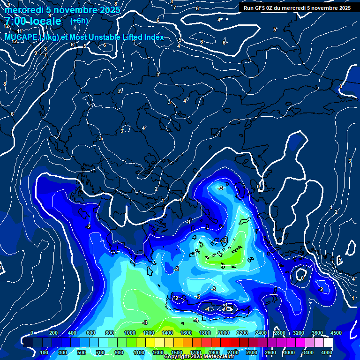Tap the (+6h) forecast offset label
pyautogui.click(x=79, y=21)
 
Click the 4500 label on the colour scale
pyautogui.click(x=335, y=333)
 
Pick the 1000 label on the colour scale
pyautogui.click(x=130, y=333)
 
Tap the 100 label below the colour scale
pyautogui.click(x=45, y=352)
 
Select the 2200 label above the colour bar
pyautogui.click(x=242, y=333)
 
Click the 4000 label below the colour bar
pyautogui.click(x=327, y=352)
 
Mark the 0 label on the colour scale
pyautogui.click(x=32, y=333)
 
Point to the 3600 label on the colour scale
pyautogui.click(x=317, y=333)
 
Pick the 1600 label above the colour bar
pyautogui.click(x=186, y=333)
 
